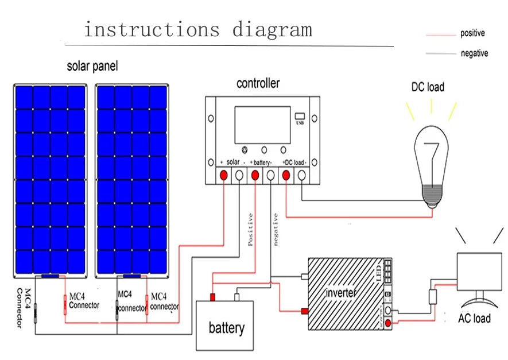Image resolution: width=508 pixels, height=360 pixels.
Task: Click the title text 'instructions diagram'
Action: (198, 30)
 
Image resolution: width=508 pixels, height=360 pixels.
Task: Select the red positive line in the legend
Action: (440, 35)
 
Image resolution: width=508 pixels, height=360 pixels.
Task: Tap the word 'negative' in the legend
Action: (474, 53)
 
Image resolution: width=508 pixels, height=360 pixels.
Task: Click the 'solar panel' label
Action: (92, 67)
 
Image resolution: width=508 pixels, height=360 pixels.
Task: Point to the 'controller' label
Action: (258, 84)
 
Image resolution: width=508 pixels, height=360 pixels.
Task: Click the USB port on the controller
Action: (299, 115)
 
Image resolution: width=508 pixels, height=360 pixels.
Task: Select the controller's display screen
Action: (262, 125)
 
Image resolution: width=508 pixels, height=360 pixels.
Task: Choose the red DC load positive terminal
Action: (285, 176)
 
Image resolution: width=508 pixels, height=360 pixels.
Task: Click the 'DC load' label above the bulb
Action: (428, 87)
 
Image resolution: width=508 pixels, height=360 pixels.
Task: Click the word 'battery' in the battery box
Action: (226, 328)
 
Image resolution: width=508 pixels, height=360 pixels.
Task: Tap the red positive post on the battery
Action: (212, 297)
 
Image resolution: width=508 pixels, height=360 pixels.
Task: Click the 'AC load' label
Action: (474, 318)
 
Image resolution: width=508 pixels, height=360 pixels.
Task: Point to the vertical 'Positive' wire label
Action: (250, 229)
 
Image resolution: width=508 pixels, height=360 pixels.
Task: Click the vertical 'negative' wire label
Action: (276, 230)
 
